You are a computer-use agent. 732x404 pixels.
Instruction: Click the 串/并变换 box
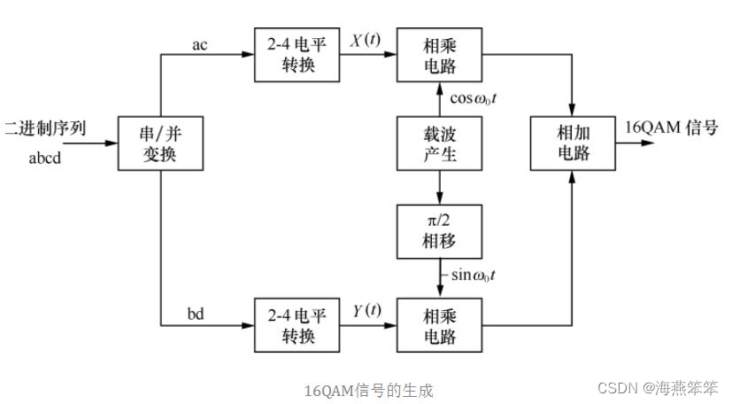tap(160, 142)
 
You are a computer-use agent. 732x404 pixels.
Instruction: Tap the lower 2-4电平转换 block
tap(285, 325)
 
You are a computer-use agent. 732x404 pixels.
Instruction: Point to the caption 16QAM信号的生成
tap(369, 390)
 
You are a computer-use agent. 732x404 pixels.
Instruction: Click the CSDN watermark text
tap(659, 388)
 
